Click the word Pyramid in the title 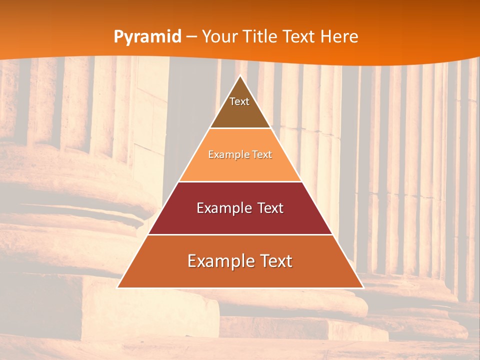[x=147, y=37]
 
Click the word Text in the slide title [x=300, y=37]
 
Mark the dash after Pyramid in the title [x=191, y=37]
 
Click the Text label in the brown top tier [x=239, y=101]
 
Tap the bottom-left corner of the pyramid [x=118, y=287]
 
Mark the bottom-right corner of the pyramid [x=363, y=287]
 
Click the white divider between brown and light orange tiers [x=240, y=128]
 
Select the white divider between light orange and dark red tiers [x=240, y=181]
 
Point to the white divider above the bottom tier [x=240, y=234]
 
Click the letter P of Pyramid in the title [x=118, y=37]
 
